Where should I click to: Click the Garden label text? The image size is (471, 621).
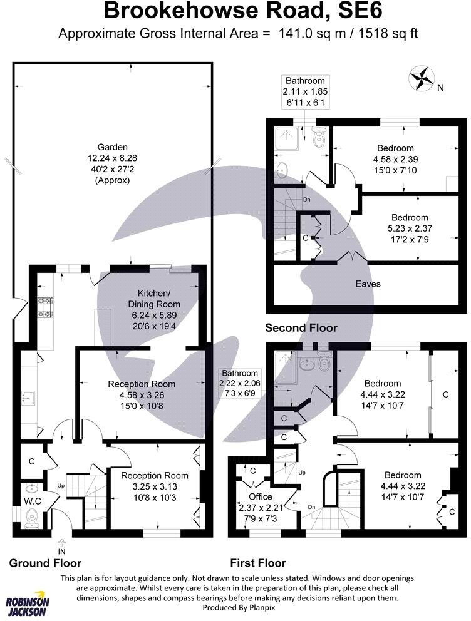tap(113, 147)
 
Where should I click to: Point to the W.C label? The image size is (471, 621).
tap(32, 500)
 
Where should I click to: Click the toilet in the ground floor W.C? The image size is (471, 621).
tap(32, 516)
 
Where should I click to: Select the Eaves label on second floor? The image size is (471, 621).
tap(368, 284)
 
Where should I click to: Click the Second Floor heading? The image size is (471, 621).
tap(301, 327)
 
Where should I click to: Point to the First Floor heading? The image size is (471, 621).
tap(257, 563)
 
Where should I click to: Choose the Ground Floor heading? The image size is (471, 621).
tap(45, 563)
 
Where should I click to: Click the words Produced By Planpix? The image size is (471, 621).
tap(235, 608)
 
